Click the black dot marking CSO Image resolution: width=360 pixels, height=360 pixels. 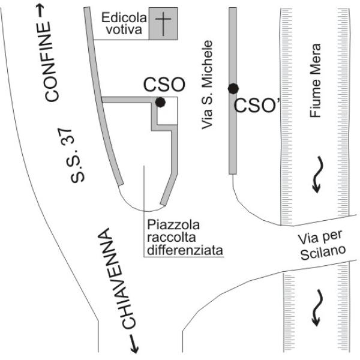(x=160, y=102)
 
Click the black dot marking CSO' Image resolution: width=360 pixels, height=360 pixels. (x=233, y=89)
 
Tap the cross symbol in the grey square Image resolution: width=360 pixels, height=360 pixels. (x=163, y=24)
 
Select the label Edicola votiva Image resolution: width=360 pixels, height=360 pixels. (x=124, y=24)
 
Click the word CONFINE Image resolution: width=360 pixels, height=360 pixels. (x=50, y=62)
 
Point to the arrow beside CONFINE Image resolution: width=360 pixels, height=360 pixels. (x=40, y=11)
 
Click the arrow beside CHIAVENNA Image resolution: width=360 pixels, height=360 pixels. (x=134, y=344)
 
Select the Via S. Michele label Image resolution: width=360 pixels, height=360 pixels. (x=207, y=85)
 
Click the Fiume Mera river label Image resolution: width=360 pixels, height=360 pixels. (x=315, y=80)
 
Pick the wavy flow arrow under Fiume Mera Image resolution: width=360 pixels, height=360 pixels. (x=318, y=175)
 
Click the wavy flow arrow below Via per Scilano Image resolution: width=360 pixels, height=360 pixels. (x=318, y=308)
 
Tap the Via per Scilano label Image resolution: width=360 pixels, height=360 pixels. (x=322, y=245)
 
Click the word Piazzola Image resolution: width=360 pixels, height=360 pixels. (x=173, y=225)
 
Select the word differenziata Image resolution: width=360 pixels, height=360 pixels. (x=185, y=250)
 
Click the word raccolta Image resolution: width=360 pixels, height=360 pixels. (x=172, y=238)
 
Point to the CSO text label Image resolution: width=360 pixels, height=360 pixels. (x=164, y=85)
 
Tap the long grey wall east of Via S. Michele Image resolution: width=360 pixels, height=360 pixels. (x=233, y=91)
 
